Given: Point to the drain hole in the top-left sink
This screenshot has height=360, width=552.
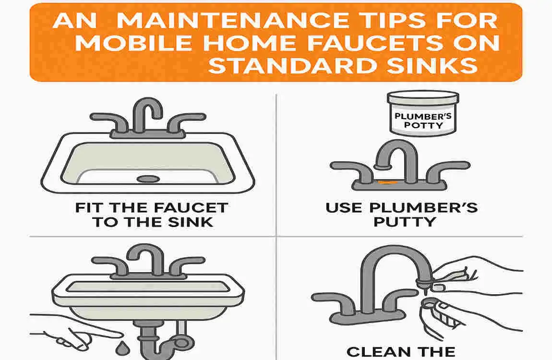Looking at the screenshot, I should (148, 179).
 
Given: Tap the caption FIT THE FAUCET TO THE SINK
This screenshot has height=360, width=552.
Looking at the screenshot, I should (152, 215).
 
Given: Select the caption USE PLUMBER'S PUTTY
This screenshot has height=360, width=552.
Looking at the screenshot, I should (401, 215).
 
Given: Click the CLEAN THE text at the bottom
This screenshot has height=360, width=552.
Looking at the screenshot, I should (401, 351).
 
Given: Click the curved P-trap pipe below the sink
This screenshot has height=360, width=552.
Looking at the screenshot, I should (158, 338).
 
